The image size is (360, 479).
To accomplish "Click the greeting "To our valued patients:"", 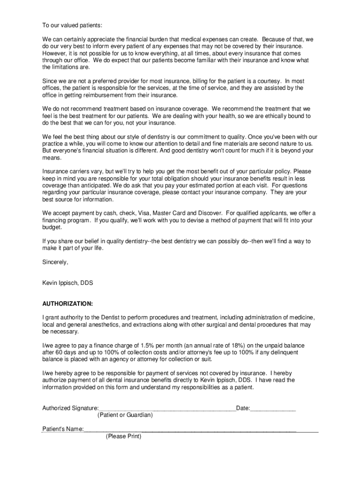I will click(72, 25).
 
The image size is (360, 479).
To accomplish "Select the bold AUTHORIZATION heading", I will click(67, 304).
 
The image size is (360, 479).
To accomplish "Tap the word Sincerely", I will click(55, 262).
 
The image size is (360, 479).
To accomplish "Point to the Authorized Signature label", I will click(70, 408).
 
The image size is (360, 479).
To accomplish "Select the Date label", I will click(243, 408).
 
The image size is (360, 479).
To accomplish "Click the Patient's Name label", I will click(63, 429).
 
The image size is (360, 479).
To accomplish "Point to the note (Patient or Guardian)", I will click(125, 415).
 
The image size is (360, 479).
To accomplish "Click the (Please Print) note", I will click(123, 436).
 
